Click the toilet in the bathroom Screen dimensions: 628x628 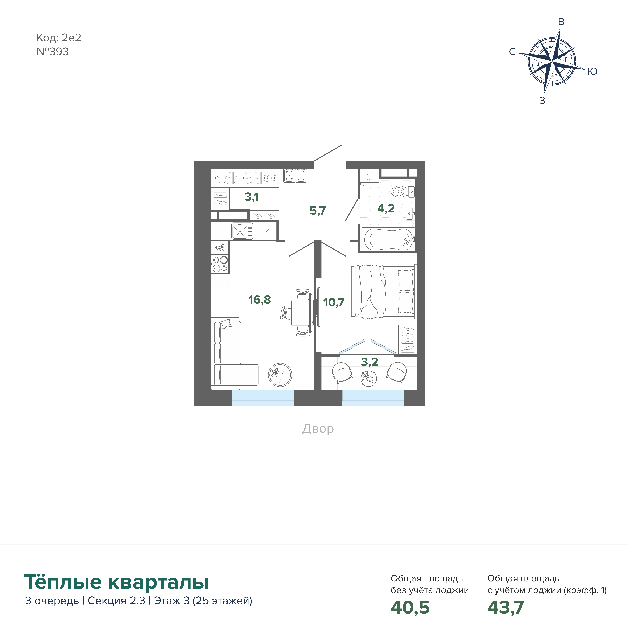coord(402,191)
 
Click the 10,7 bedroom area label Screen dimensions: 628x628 coord(334,302)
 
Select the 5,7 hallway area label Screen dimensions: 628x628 coord(318,211)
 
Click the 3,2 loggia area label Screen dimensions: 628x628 coord(370,362)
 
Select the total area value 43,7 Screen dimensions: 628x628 coord(505,607)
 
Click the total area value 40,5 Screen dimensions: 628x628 coord(410,607)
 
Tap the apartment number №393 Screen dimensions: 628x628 coord(53,52)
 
